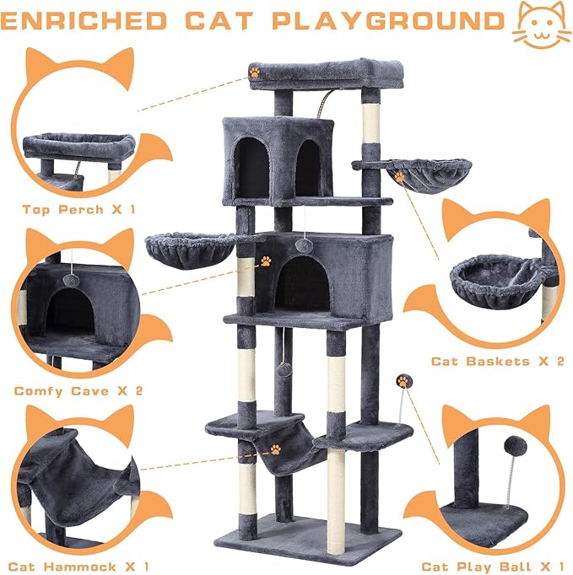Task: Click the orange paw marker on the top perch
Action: click(254, 73)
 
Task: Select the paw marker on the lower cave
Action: click(266, 261)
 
